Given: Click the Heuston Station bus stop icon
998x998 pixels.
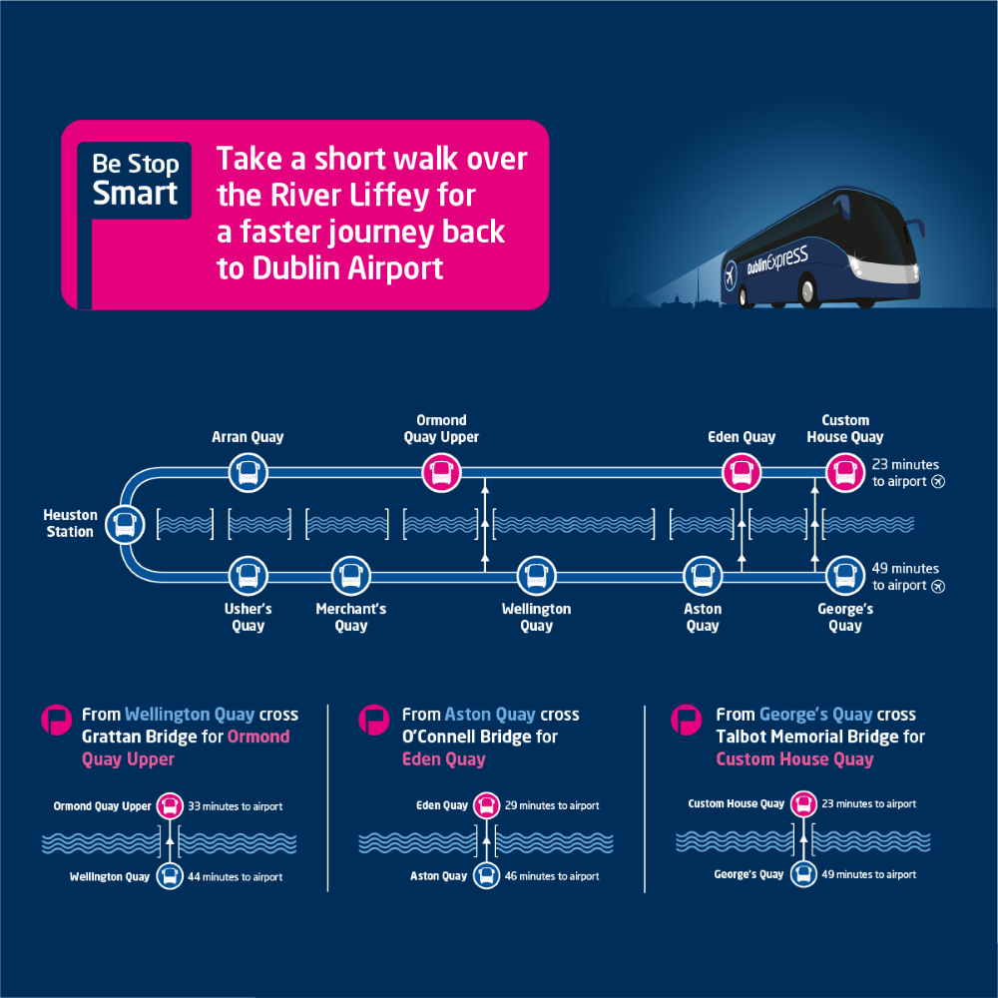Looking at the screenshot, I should tap(125, 523).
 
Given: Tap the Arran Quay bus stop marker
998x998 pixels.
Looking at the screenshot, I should tap(248, 471).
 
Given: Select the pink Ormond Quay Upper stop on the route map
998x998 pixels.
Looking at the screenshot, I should tap(441, 471).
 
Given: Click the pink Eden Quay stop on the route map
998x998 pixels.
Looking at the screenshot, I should tap(741, 471).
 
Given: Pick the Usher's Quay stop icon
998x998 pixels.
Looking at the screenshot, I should tap(248, 575).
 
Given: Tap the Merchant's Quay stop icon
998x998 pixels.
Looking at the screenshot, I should tap(350, 575).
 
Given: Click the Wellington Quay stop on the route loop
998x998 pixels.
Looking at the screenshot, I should tap(536, 575).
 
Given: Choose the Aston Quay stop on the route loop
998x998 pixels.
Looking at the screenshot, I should tap(702, 575).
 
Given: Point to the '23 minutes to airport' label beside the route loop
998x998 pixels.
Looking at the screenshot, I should tap(905, 472).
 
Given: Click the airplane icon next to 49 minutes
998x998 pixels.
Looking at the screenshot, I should tap(937, 586).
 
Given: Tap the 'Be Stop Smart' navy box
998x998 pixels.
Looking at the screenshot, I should tap(135, 180).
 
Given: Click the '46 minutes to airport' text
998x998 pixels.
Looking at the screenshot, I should tap(552, 876).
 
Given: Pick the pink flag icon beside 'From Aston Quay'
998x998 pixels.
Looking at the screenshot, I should tap(374, 719).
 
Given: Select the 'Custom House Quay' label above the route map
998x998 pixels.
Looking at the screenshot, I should tap(845, 428).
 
